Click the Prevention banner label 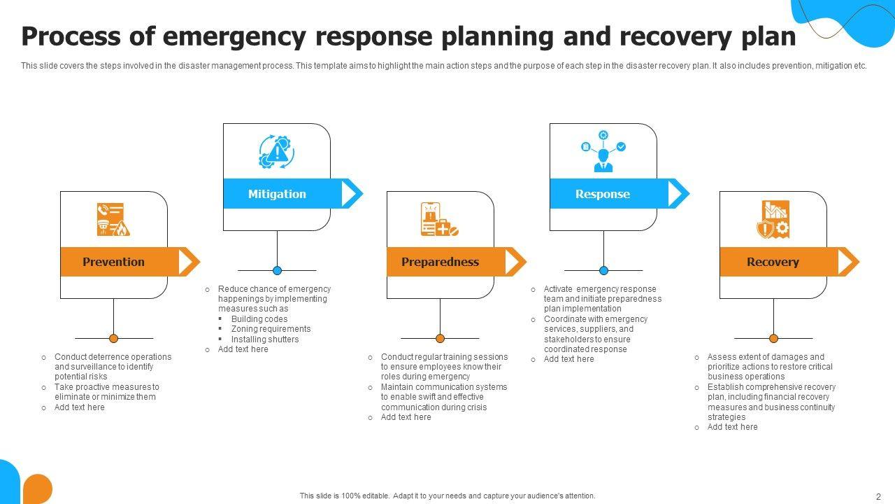[113, 262]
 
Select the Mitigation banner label [277, 194]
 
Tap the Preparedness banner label [440, 262]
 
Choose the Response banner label [603, 194]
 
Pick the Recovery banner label [773, 262]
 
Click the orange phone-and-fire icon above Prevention [113, 219]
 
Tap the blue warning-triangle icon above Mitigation [277, 151]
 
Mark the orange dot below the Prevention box [113, 338]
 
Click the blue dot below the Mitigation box [277, 270]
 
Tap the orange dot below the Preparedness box [440, 338]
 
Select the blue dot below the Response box [603, 270]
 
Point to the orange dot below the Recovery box [773, 338]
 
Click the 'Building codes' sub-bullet [259, 319]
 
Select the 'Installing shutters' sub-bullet [265, 339]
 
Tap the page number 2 [879, 496]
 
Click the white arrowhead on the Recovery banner [845, 262]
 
